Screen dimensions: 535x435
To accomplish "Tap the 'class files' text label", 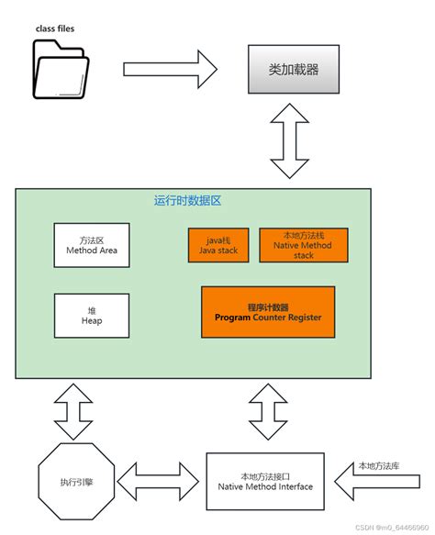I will point(55,28).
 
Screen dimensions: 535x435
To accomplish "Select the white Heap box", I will point(92,315).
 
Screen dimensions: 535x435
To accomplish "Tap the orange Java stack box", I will point(218,245).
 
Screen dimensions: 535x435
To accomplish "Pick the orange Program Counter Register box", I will point(267,312).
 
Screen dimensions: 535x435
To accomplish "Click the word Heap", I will point(92,321).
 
